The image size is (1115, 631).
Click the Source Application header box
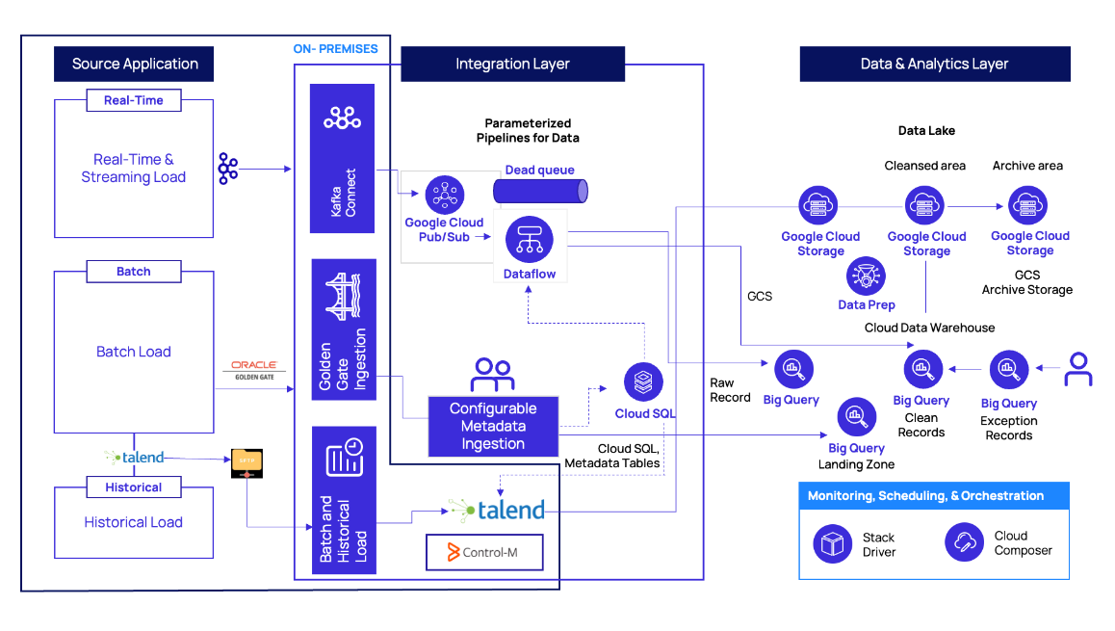pos(134,65)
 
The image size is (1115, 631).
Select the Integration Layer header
pos(512,65)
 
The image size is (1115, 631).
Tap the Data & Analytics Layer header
pos(934,65)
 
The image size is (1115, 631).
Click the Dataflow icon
pos(529,237)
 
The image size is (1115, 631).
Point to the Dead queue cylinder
pos(540,191)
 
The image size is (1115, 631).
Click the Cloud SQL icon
pos(643,382)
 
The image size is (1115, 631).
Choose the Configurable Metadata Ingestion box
pos(493,426)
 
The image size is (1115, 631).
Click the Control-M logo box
pos(484,553)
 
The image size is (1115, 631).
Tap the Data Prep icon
pos(866,276)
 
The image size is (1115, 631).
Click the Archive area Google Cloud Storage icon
pos(1027,206)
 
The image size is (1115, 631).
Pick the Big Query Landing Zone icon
pos(856,417)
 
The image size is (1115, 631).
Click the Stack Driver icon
pos(830,543)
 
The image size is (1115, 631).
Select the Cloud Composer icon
pos(963,542)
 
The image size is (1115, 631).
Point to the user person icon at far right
pos(1077,369)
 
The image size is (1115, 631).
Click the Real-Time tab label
pos(134,100)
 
